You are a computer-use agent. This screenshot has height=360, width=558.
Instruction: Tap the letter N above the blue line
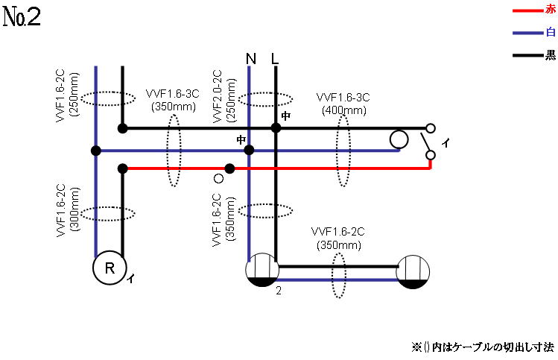tap(250, 58)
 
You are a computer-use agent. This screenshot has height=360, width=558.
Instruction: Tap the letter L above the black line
tap(275, 58)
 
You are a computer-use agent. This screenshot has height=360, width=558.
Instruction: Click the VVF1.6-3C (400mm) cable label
tap(343, 104)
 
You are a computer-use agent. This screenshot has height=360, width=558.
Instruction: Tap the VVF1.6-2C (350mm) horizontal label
tap(338, 237)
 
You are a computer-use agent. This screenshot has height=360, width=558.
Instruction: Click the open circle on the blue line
tap(399, 139)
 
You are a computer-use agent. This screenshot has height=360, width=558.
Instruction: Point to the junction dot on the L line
tap(276, 128)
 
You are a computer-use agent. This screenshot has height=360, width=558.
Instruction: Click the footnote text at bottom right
tap(482, 347)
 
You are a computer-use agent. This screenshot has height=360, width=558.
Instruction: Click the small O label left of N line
tap(218, 178)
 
